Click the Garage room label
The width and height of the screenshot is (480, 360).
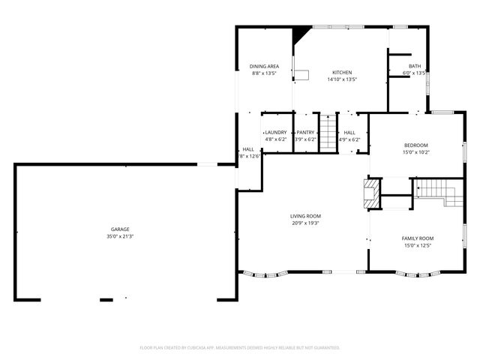click(x=120, y=229)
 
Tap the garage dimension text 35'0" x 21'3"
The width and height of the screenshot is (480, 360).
click(x=120, y=236)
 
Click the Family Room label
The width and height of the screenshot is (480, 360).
click(x=417, y=238)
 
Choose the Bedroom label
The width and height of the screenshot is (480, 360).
click(x=416, y=145)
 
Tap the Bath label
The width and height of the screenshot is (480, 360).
click(x=415, y=67)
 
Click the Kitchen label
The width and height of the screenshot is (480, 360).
click(x=342, y=73)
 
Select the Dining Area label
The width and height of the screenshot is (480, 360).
click(x=264, y=67)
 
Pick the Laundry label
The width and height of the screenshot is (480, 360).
click(x=276, y=133)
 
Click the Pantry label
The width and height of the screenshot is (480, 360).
click(x=305, y=133)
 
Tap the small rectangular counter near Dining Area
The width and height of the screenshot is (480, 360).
click(x=301, y=74)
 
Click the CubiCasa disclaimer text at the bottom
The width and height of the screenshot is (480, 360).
click(x=240, y=347)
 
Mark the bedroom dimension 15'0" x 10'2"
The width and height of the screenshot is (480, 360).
click(x=416, y=152)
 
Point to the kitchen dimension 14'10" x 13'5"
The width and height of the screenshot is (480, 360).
click(x=342, y=79)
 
